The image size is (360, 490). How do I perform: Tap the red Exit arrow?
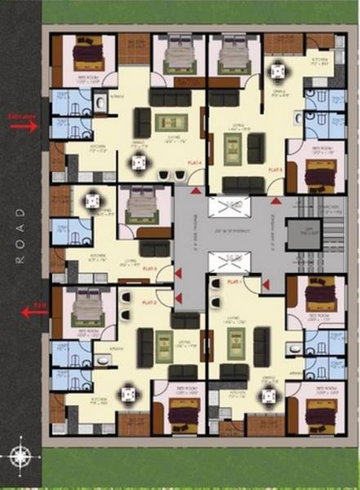click(33, 310)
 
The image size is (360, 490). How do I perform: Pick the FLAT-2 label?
click(149, 303)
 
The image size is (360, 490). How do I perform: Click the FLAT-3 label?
click(149, 268)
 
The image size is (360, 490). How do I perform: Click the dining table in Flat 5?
click(279, 71)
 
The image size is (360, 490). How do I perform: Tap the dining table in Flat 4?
click(140, 163)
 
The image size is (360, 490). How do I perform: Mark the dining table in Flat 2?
click(128, 394)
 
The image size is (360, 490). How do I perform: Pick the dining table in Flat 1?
click(267, 396)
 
